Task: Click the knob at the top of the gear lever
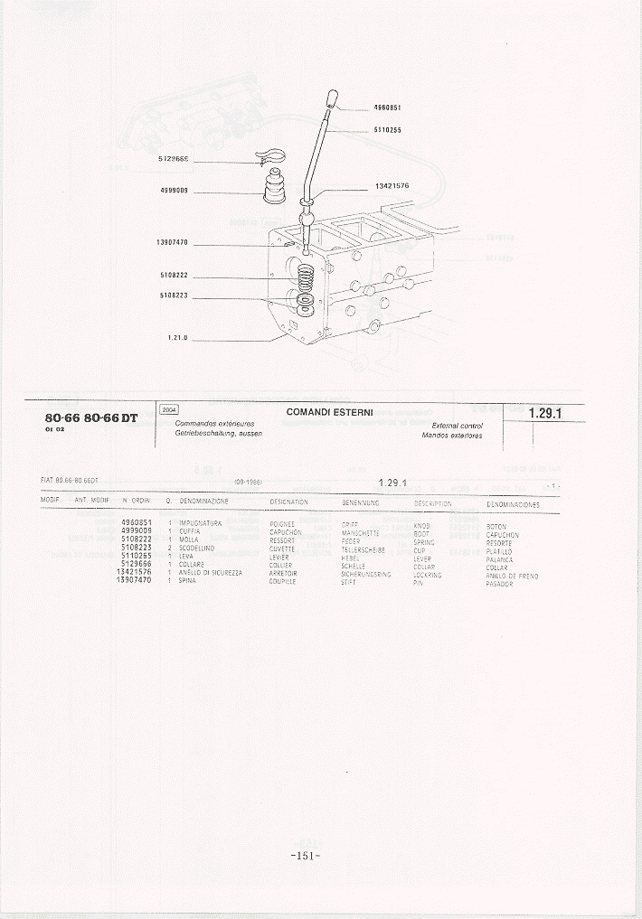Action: click(x=332, y=98)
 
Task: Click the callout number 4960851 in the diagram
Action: click(x=387, y=107)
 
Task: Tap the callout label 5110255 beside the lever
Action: click(x=387, y=130)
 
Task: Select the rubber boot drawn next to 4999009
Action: click(x=270, y=192)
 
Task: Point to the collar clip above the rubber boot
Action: click(x=269, y=159)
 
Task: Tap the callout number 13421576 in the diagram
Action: click(x=392, y=186)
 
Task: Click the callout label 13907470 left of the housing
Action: click(x=172, y=242)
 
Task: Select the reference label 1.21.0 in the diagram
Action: click(x=177, y=338)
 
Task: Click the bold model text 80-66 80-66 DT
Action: click(x=90, y=418)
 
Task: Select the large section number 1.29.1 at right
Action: click(x=545, y=414)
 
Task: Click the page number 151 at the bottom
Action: click(x=306, y=856)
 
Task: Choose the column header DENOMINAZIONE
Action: click(x=203, y=502)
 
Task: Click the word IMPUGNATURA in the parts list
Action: click(x=200, y=523)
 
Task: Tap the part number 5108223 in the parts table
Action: click(x=136, y=547)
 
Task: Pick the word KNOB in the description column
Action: click(x=421, y=524)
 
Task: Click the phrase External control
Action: click(x=457, y=425)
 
